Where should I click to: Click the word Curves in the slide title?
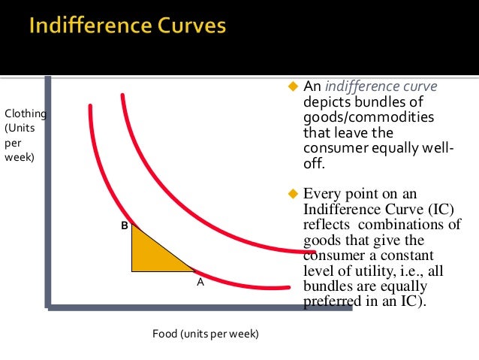(x=187, y=26)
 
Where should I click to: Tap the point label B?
(x=125, y=224)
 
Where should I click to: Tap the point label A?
(x=200, y=283)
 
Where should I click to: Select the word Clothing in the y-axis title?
(x=26, y=113)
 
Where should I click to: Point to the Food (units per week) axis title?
(x=205, y=332)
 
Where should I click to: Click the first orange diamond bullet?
(x=294, y=87)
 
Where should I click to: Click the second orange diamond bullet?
(x=294, y=194)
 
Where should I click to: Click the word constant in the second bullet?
(x=396, y=256)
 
